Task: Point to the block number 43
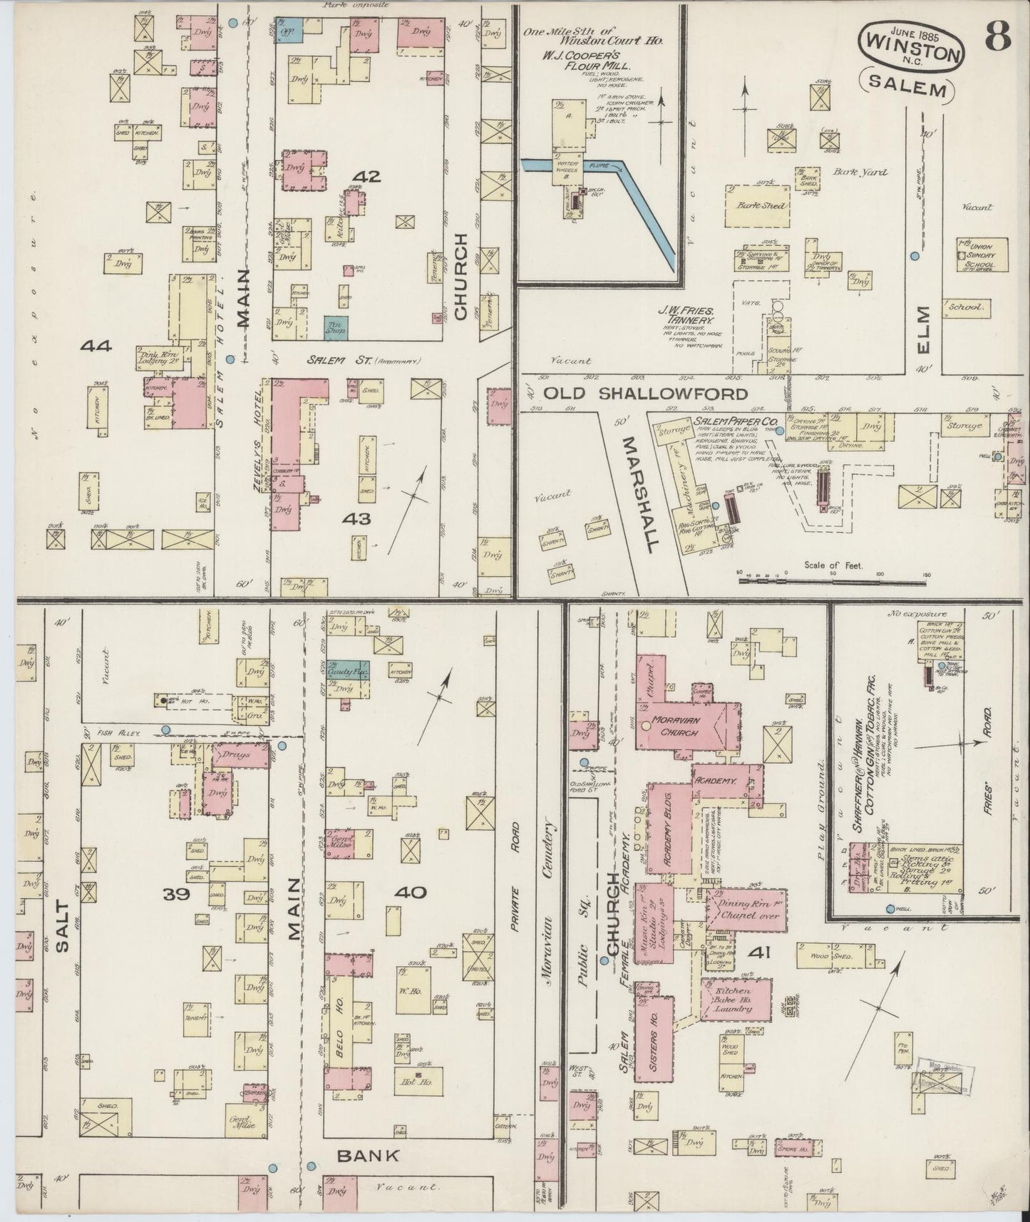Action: [356, 519]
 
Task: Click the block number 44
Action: [97, 346]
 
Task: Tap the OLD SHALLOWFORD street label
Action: [645, 394]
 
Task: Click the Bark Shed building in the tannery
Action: [758, 205]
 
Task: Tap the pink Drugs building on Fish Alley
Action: [235, 754]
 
